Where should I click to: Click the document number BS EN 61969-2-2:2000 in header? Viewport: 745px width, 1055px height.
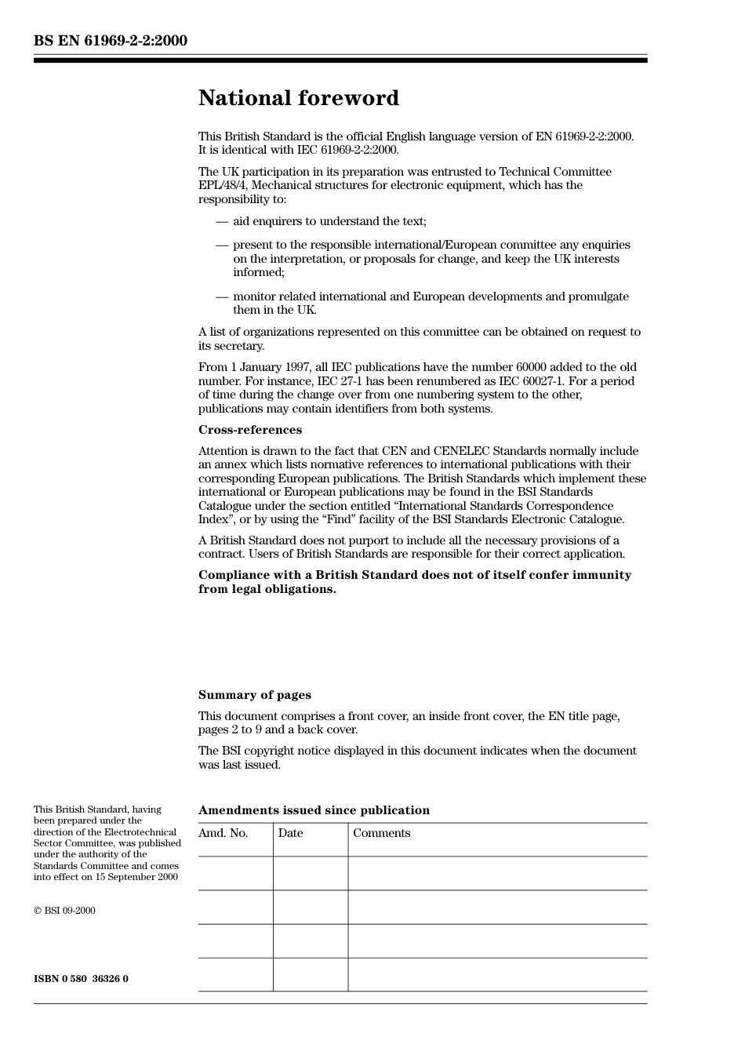point(111,41)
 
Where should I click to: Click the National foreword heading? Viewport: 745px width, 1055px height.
point(298,98)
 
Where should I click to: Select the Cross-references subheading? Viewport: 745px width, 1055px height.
point(249,430)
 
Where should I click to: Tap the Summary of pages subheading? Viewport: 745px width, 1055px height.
point(254,695)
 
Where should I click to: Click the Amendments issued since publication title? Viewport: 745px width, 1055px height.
point(314,810)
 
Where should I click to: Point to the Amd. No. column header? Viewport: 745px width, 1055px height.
point(223,833)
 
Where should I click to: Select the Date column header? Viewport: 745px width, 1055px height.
point(290,833)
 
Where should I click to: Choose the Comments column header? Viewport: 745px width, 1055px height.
point(381,833)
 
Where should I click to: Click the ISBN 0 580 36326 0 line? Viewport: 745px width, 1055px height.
point(81,979)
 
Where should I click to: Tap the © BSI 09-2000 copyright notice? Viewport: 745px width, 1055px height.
point(64,911)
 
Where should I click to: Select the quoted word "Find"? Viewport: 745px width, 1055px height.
point(338,519)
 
